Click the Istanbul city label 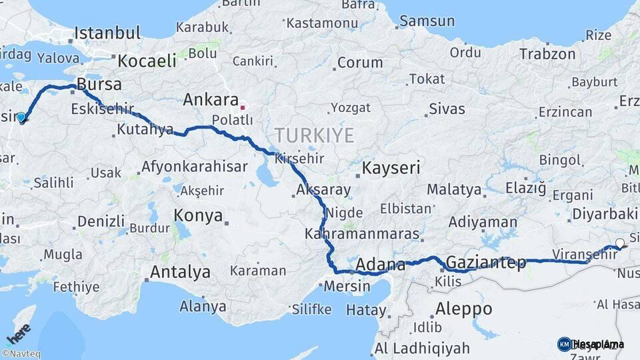(x=107, y=33)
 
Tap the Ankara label (x=211, y=100)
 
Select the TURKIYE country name (x=314, y=135)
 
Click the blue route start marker (x=21, y=118)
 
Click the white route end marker (x=620, y=243)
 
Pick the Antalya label (x=180, y=272)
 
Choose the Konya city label (x=197, y=215)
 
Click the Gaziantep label (x=486, y=261)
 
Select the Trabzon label (x=547, y=54)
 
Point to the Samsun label (x=427, y=21)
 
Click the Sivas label (x=447, y=108)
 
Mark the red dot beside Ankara (x=243, y=107)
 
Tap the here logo (x=17, y=333)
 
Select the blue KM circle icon (x=564, y=344)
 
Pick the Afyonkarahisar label (x=194, y=167)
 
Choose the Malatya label (x=454, y=190)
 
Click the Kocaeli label (x=147, y=61)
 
